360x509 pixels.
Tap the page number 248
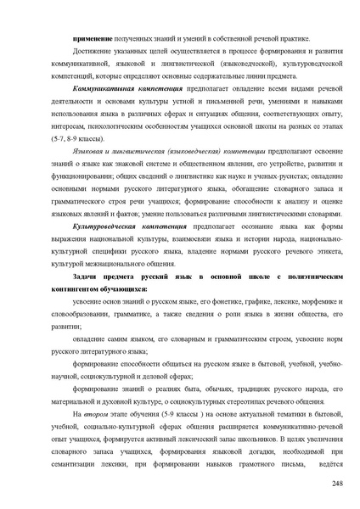click(335, 484)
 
